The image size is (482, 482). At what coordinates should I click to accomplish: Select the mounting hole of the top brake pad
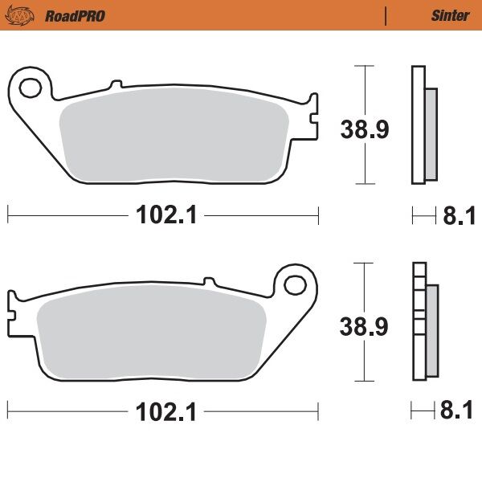30,86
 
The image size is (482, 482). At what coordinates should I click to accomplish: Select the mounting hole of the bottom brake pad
298,284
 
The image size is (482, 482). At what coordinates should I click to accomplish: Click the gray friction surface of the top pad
173,133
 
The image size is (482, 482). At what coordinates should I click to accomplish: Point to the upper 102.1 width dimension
166,214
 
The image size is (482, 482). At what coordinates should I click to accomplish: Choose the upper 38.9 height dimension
365,129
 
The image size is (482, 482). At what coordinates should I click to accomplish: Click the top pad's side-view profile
423,125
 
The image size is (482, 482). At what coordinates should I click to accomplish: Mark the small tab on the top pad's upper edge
116,84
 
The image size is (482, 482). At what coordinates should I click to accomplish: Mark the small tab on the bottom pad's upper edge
210,281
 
